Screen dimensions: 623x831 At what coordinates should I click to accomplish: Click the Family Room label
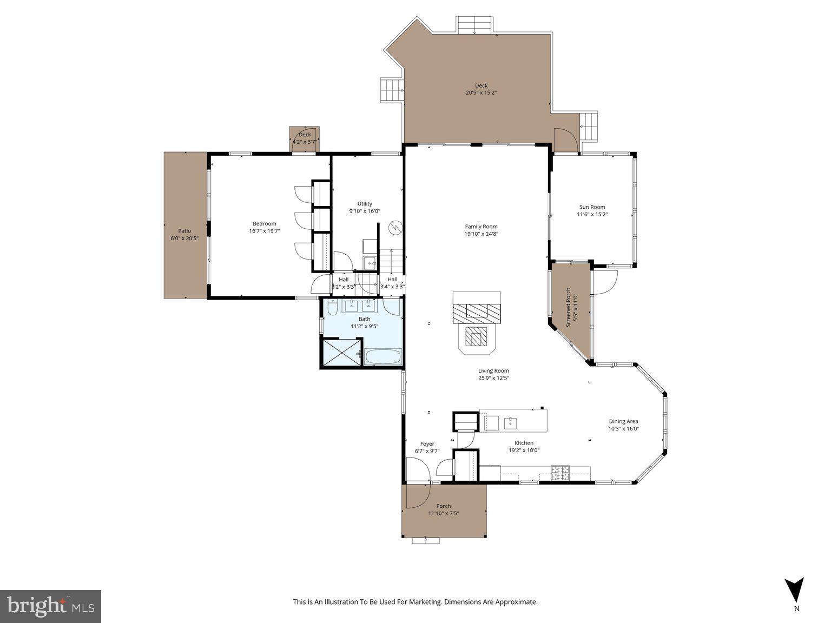point(481,227)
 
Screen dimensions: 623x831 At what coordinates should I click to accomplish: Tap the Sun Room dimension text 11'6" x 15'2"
point(592,215)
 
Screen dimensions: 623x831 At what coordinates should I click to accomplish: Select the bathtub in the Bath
point(382,357)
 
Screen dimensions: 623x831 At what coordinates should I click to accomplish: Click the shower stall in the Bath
point(341,353)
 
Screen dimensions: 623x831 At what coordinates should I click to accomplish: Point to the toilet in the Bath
point(333,307)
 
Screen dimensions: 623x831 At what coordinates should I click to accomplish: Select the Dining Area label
point(623,421)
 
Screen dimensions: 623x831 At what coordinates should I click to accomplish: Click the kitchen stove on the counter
point(560,473)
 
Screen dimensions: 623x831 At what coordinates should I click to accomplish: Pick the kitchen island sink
point(510,422)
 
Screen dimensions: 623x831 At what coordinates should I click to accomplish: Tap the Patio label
point(184,231)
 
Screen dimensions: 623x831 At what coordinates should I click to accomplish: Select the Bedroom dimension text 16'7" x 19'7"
point(265,231)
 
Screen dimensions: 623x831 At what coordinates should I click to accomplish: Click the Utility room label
point(365,204)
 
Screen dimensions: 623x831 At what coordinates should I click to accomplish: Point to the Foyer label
point(427,444)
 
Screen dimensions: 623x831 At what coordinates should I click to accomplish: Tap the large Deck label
point(481,85)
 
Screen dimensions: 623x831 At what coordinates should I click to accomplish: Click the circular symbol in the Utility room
point(396,228)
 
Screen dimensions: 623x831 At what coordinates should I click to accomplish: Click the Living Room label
point(493,371)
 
